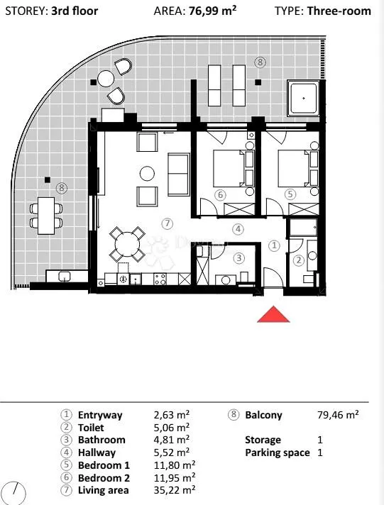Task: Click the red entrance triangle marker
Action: click(273, 316)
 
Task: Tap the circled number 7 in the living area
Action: click(167, 223)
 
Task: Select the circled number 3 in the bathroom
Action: click(239, 258)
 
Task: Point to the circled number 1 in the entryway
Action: click(274, 245)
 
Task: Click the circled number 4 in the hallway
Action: click(238, 229)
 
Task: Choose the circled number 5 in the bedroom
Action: click(290, 194)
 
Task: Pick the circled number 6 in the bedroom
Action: click(221, 195)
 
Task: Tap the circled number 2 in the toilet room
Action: click(299, 260)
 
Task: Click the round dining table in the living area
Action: click(127, 244)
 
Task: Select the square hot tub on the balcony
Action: click(303, 98)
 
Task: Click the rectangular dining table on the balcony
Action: click(46, 216)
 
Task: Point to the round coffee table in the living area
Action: click(147, 174)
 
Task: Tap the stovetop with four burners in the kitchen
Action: click(160, 279)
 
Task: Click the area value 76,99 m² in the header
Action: click(213, 11)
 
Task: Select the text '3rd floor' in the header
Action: click(75, 11)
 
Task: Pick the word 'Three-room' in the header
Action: click(339, 11)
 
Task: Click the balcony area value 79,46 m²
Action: click(338, 414)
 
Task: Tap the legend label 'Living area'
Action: click(103, 490)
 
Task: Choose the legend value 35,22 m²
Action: click(175, 490)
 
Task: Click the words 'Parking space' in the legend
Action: click(278, 453)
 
